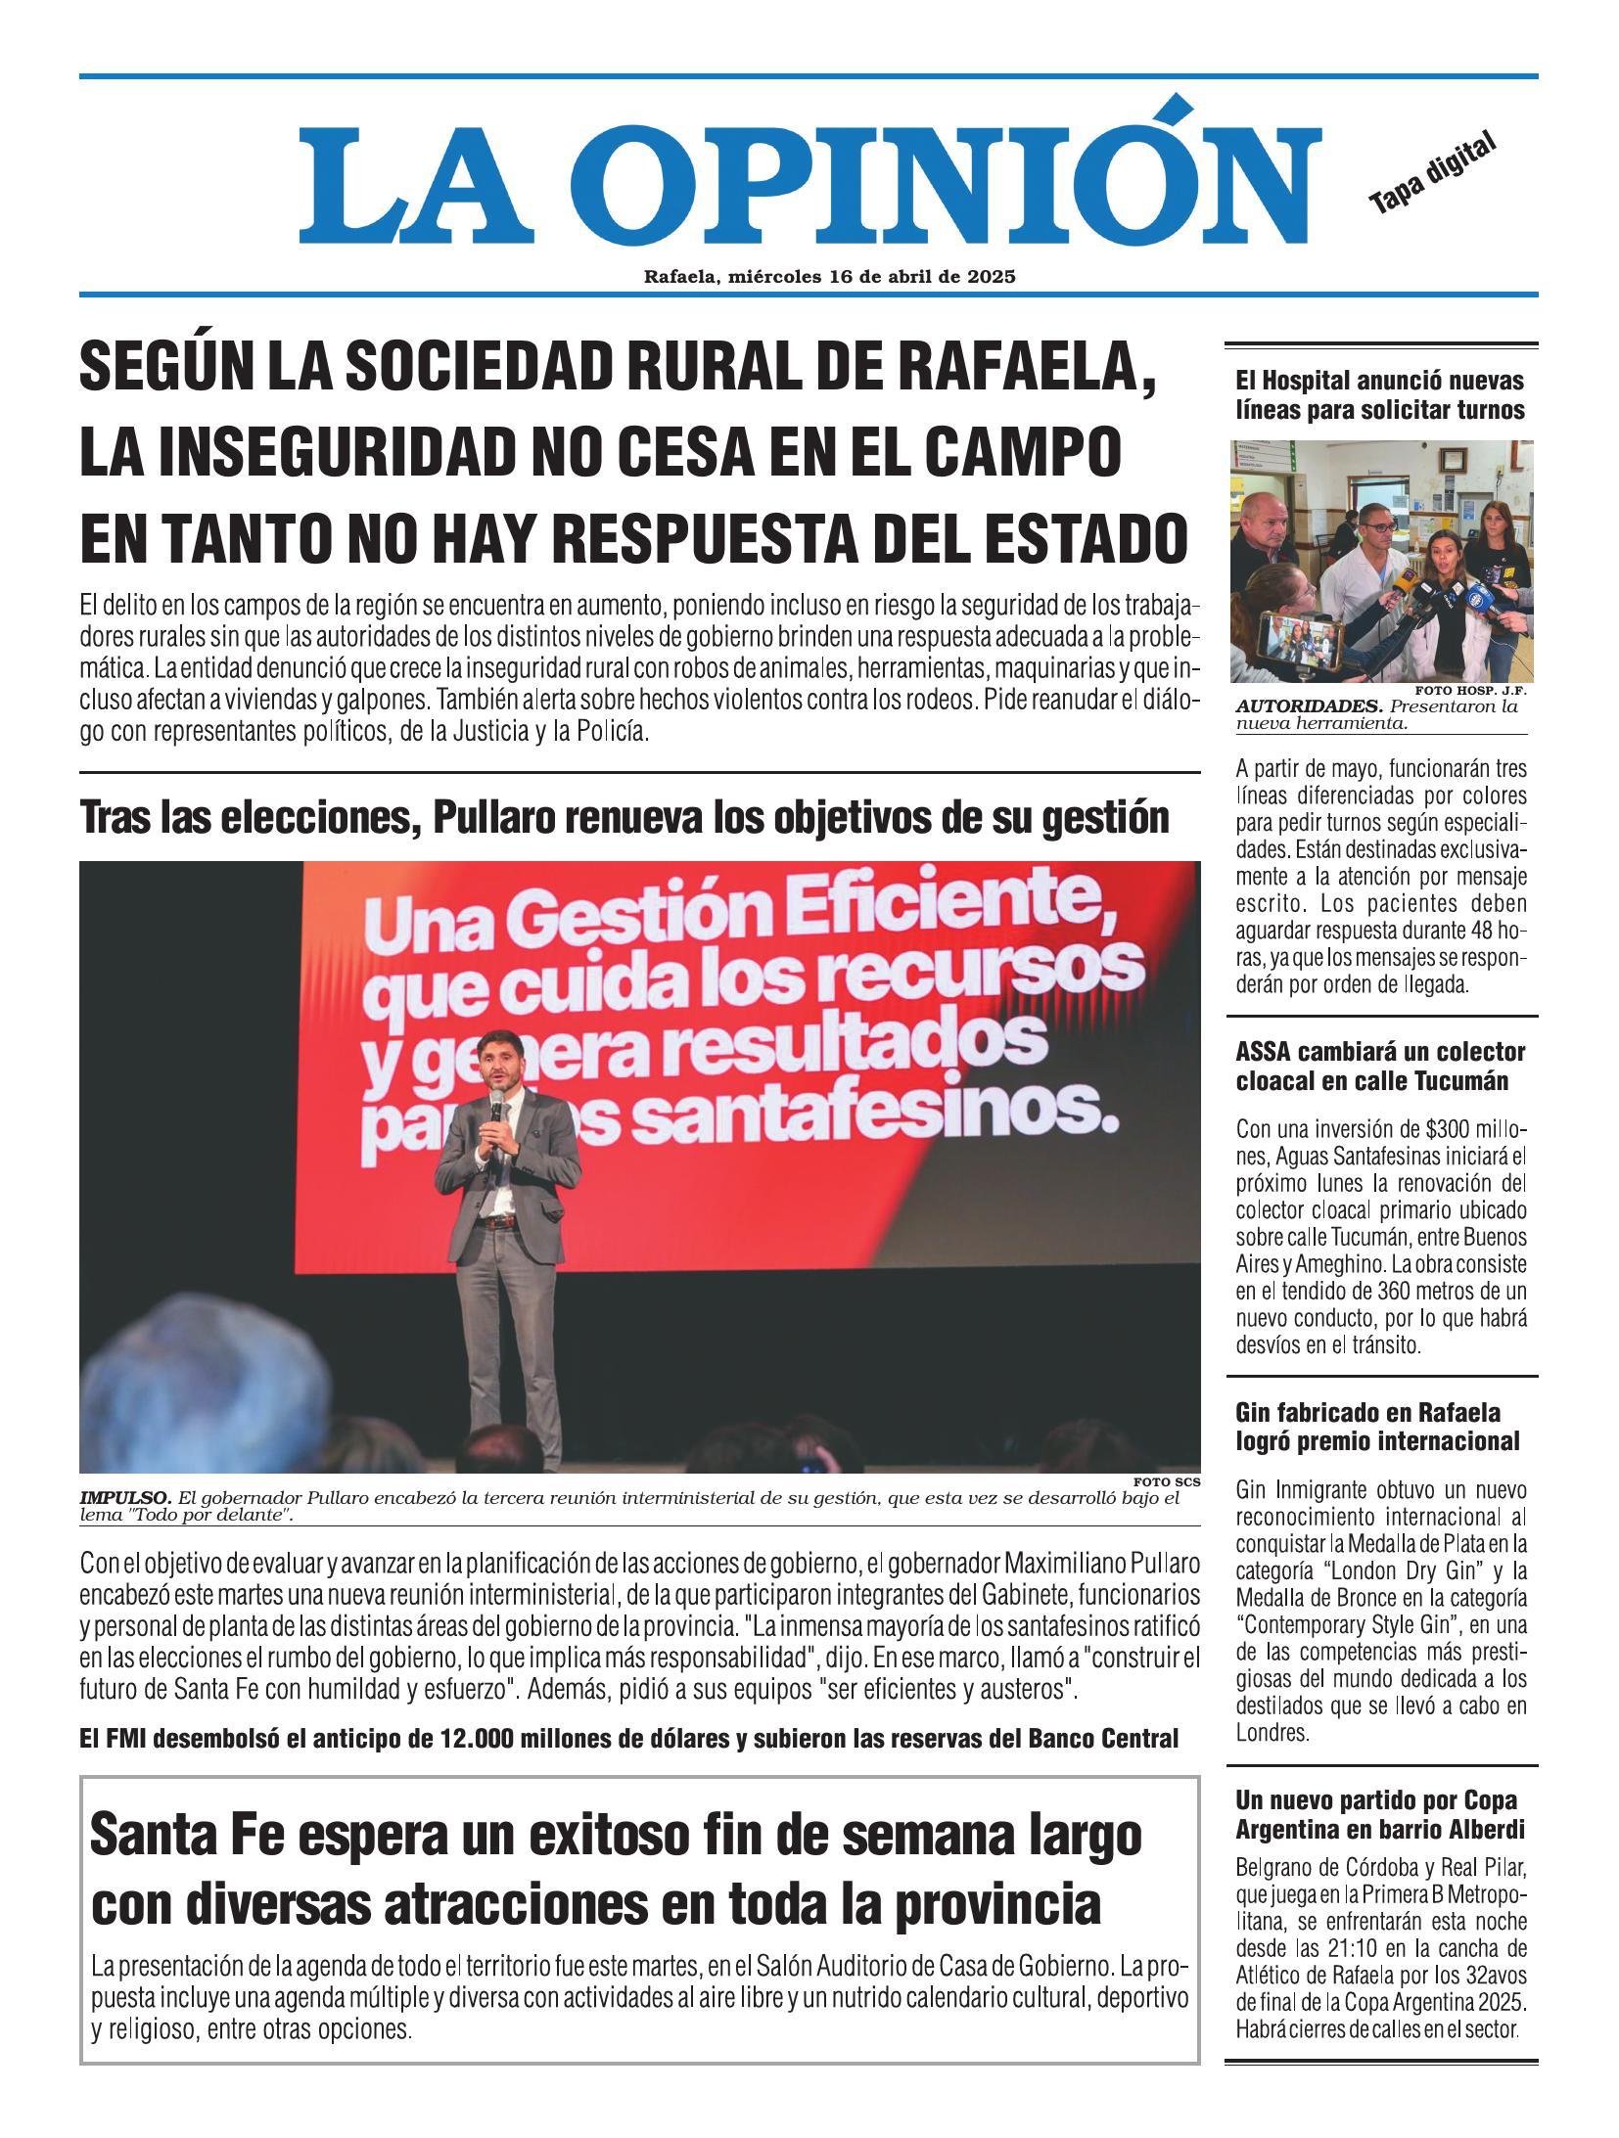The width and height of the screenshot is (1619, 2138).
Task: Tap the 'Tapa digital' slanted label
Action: [x=1433, y=173]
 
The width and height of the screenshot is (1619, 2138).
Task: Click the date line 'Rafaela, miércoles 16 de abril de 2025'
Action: [x=829, y=277]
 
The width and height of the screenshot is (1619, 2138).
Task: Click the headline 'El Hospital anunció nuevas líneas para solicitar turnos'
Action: [x=1380, y=395]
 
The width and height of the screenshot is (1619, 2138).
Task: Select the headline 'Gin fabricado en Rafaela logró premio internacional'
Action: [x=1378, y=1427]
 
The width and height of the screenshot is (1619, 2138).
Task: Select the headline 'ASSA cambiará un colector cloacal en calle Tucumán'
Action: [x=1380, y=1067]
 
